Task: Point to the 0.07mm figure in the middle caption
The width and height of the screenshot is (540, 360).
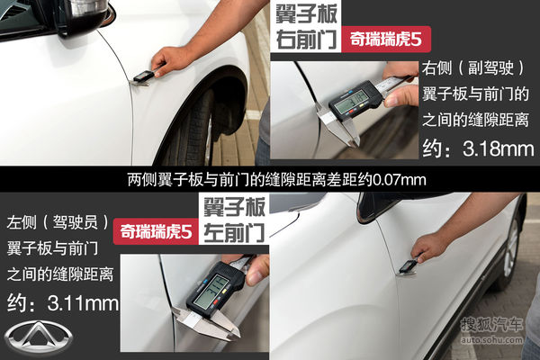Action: (402, 181)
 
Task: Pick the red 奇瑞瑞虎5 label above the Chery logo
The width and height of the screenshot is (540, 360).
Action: (156, 232)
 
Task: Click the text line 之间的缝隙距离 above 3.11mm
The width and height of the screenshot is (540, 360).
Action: (58, 273)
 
